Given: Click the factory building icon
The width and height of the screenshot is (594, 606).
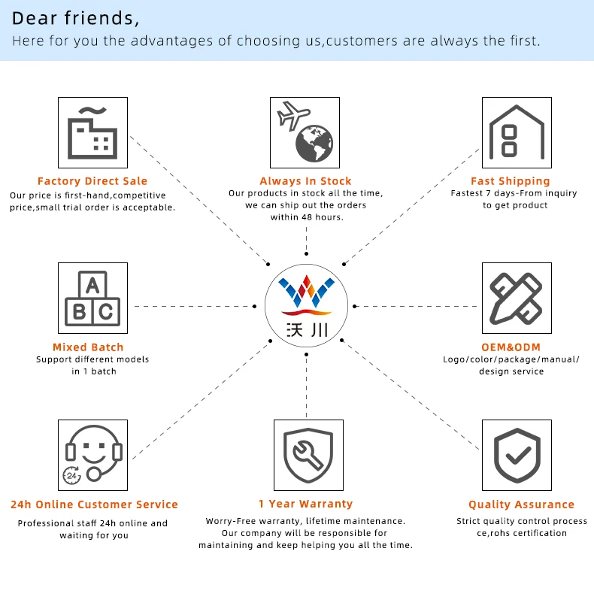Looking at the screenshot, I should pos(93,132).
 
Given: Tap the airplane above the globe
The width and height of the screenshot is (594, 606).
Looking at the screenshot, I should pos(293,116).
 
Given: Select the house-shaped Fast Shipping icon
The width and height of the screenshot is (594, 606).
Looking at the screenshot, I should pos(517,132).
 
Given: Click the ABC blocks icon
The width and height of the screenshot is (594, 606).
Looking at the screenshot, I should pos(93,298).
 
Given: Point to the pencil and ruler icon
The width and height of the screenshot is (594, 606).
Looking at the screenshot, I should pos(517,298).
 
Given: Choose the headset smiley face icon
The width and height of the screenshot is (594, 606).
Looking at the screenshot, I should pos(93,454).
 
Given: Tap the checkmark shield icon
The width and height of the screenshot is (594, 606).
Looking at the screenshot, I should pos(517,454).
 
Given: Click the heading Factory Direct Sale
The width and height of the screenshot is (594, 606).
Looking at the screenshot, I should pos(92,181).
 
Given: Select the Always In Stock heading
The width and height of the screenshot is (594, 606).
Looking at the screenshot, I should pos(305,181).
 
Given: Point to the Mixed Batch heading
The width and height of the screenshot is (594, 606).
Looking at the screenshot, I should pos(88,347).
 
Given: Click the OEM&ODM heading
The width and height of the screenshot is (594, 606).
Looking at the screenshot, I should pos(511,347).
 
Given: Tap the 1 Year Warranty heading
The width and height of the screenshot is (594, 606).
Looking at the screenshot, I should pos(305,504).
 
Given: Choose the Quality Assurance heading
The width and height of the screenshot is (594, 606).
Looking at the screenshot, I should pos(521,505).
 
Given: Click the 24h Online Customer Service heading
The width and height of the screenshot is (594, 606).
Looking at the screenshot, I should pos(94,504).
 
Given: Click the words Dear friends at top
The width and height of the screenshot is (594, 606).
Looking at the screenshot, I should pos(76,18).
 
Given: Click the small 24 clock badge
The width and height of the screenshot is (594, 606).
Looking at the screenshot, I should pos(72,475).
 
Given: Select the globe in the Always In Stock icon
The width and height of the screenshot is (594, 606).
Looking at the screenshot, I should pos(314,144).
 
